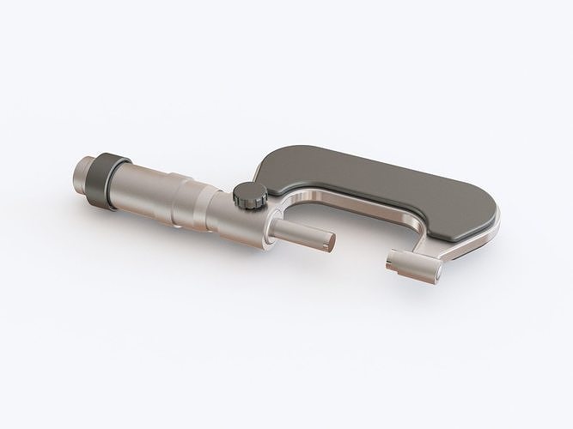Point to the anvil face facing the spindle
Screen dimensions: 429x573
coord(394,257)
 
